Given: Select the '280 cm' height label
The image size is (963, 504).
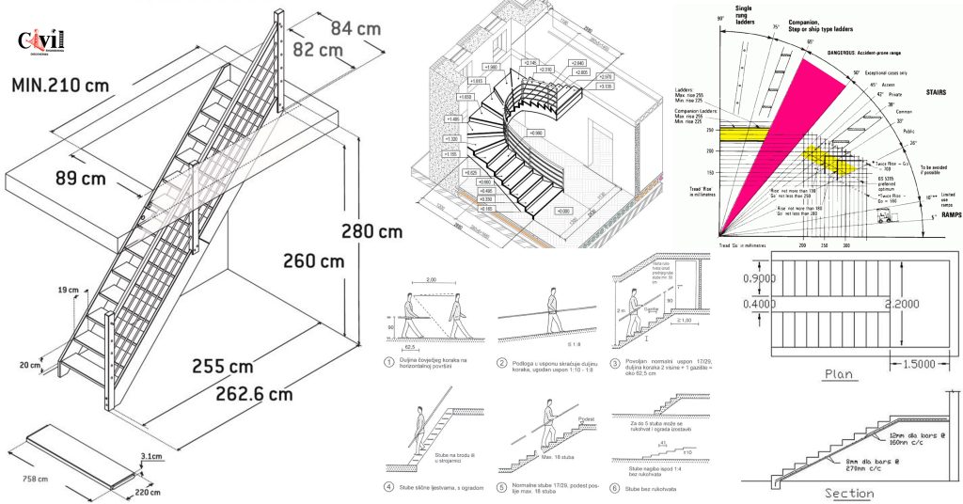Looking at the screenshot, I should (371, 229).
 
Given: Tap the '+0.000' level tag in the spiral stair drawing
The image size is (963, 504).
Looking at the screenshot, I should (562, 212).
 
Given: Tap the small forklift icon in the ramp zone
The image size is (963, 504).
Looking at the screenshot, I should (885, 217).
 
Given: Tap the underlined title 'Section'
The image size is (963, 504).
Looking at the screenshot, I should (848, 493).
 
